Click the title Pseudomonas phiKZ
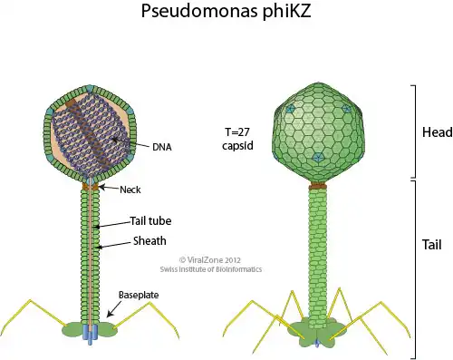[226, 12]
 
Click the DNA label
[162, 147]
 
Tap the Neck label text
[130, 190]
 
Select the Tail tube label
[150, 220]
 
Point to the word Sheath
[149, 241]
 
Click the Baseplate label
[139, 295]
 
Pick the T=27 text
[237, 132]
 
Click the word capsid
[237, 145]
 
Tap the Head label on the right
[438, 132]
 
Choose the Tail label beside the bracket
[431, 244]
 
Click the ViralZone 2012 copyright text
[210, 260]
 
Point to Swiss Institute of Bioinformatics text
[211, 269]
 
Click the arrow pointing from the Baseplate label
[114, 309]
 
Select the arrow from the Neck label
[109, 188]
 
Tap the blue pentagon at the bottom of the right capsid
[317, 157]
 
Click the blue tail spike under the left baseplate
[90, 335]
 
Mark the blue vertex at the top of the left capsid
[90, 89]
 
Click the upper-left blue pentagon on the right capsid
[290, 109]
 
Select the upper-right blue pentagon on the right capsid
[346, 109]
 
